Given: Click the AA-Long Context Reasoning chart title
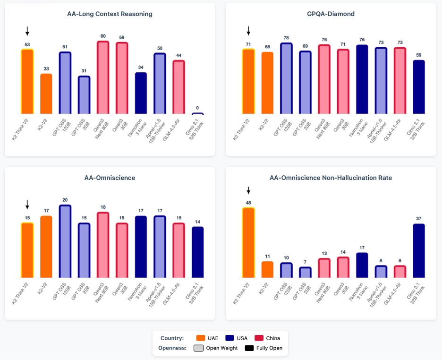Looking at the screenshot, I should click(x=110, y=14).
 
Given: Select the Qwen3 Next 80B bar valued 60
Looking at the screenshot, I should click(x=103, y=78).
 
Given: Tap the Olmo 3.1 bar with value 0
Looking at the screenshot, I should click(x=198, y=114).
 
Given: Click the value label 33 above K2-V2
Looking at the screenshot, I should click(x=46, y=69).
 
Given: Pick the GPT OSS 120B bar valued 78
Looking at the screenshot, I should click(x=286, y=78).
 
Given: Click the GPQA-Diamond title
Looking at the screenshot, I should click(x=331, y=14).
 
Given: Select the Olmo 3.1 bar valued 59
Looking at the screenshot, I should click(x=419, y=87).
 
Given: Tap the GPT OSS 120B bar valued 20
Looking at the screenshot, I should click(x=65, y=241).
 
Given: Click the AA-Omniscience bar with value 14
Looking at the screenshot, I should click(x=198, y=252).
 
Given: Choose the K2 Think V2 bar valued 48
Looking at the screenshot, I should click(x=248, y=243).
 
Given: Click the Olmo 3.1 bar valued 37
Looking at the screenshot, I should click(x=419, y=251).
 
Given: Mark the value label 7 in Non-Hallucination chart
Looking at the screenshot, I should click(x=306, y=262).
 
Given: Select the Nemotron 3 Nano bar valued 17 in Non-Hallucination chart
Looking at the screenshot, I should click(x=362, y=266).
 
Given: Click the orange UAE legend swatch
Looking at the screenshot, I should click(x=200, y=338).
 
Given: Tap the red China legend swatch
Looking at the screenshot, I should click(x=259, y=338).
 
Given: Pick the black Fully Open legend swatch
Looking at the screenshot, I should click(x=249, y=348).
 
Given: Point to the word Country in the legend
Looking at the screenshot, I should click(x=171, y=338).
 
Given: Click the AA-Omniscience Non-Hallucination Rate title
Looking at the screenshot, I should click(x=331, y=178).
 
